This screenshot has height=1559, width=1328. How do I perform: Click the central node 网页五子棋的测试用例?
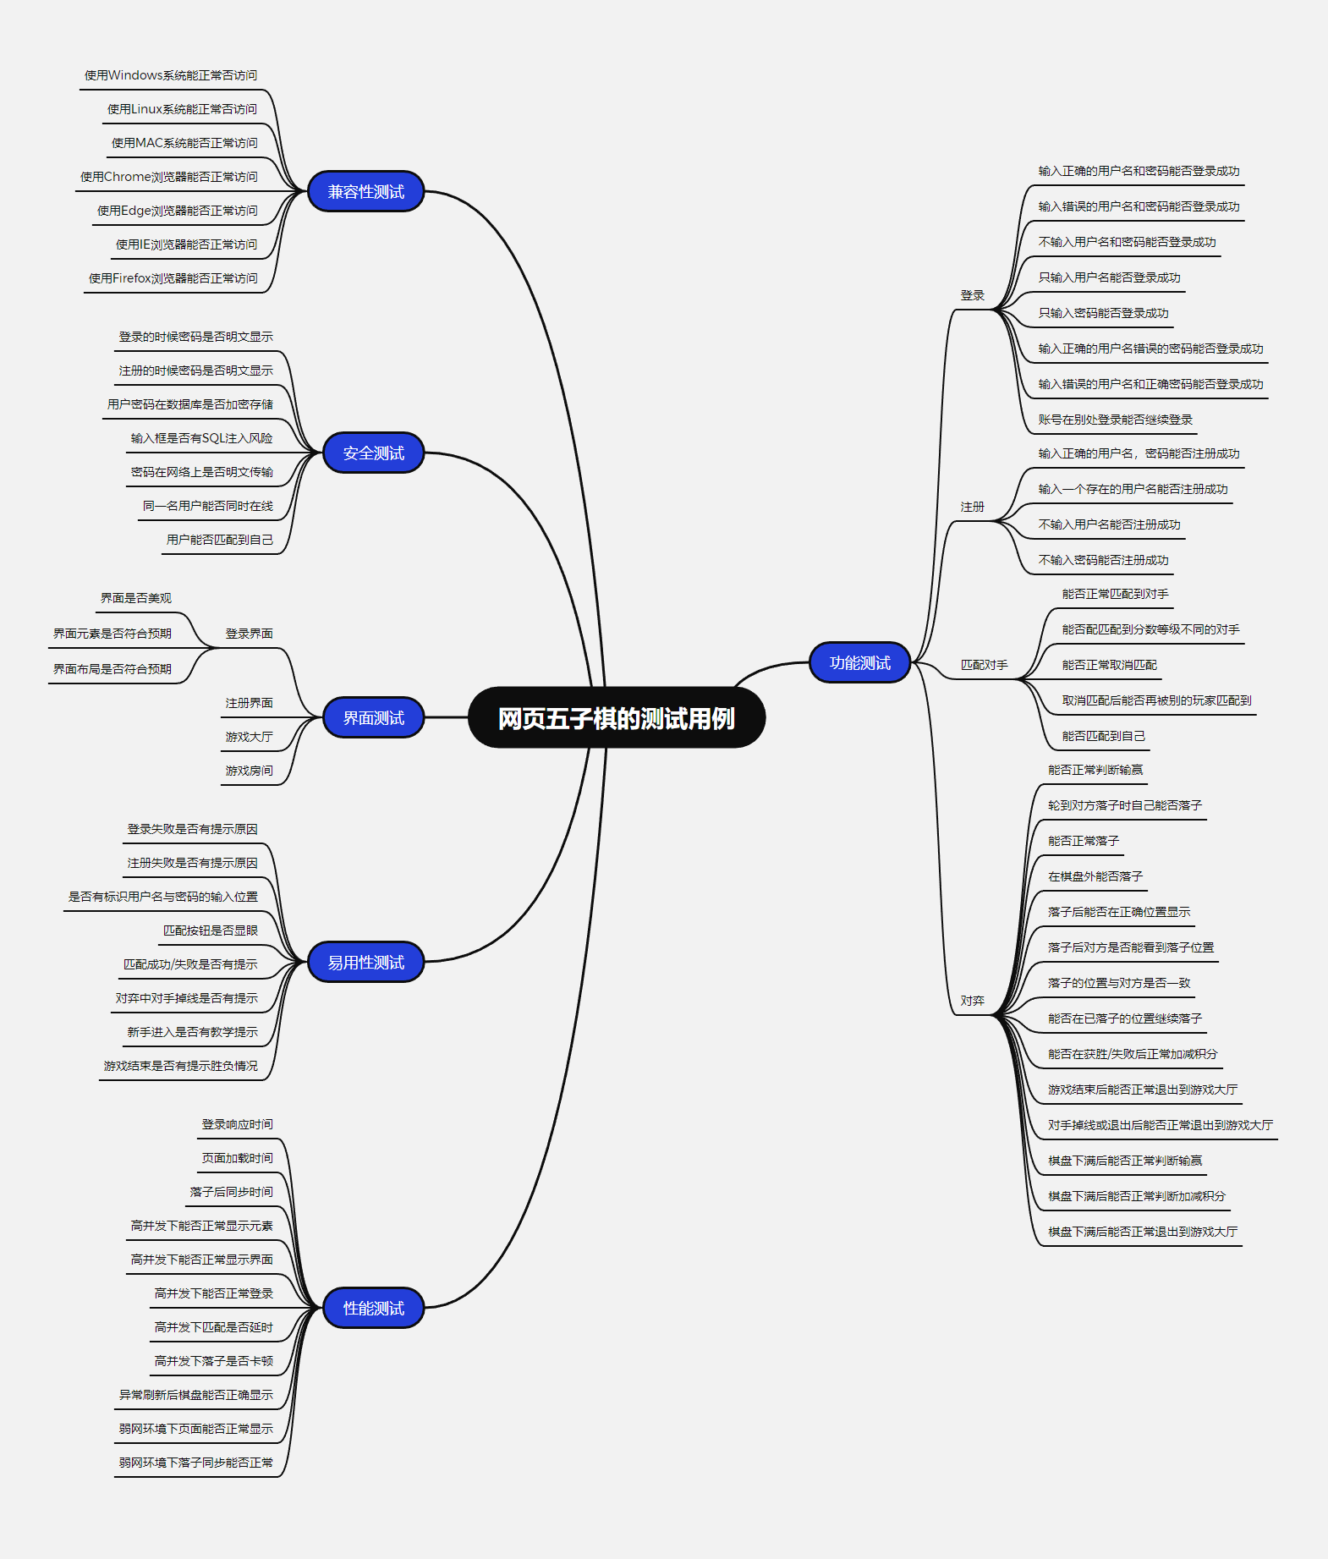pyautogui.click(x=616, y=718)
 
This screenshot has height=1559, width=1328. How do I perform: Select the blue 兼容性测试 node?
pyautogui.click(x=365, y=192)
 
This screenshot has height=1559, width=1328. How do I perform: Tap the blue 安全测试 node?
pyautogui.click(x=373, y=453)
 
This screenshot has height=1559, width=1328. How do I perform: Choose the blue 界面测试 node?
pyautogui.click(x=373, y=718)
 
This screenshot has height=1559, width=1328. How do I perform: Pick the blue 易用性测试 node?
pyautogui.click(x=365, y=963)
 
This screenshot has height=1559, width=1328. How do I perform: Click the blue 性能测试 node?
pyautogui.click(x=373, y=1309)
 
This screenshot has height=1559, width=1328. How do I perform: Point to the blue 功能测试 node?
pyautogui.click(x=859, y=663)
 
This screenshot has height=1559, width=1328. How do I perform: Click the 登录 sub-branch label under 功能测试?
pyautogui.click(x=972, y=295)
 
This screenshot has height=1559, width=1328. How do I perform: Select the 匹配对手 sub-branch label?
pyautogui.click(x=984, y=665)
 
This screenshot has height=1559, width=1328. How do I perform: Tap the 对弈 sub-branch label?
pyautogui.click(x=972, y=1001)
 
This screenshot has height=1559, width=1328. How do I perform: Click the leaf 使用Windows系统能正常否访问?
pyautogui.click(x=171, y=75)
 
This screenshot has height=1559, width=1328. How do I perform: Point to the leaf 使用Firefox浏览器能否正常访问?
pyautogui.click(x=173, y=278)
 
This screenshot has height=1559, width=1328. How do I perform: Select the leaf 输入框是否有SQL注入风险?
pyautogui.click(x=201, y=438)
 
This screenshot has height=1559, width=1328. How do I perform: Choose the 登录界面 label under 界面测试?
pyautogui.click(x=249, y=634)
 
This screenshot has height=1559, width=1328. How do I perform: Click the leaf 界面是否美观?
pyautogui.click(x=135, y=598)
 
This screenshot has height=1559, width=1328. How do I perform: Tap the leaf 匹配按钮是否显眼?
pyautogui.click(x=211, y=930)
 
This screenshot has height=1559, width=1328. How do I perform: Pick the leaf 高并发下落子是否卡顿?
pyautogui.click(x=213, y=1361)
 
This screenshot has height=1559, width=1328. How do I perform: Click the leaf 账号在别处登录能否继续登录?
pyautogui.click(x=1115, y=420)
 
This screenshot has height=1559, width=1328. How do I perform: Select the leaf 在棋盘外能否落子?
pyautogui.click(x=1095, y=876)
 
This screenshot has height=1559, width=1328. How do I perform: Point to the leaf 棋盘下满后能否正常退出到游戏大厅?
pyautogui.click(x=1142, y=1232)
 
